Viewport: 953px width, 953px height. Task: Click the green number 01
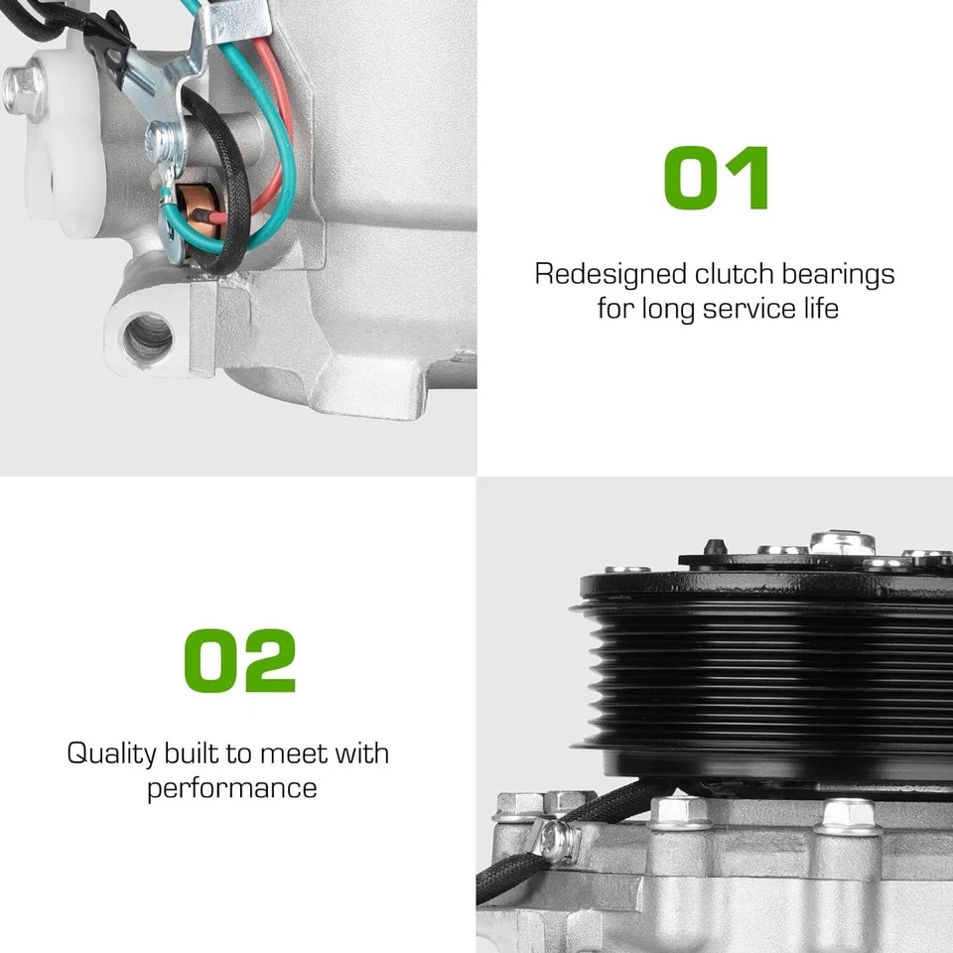click(x=716, y=179)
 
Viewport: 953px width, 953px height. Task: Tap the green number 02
click(x=240, y=661)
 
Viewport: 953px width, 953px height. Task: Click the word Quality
click(x=111, y=753)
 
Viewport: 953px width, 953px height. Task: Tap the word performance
click(x=232, y=788)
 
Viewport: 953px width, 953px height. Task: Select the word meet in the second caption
click(x=292, y=753)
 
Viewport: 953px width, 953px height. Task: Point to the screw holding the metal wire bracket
click(x=158, y=137)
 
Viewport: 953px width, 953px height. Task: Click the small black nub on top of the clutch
click(x=714, y=547)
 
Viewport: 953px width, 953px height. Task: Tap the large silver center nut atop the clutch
click(x=842, y=542)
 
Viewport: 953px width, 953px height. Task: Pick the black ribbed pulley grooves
click(x=774, y=675)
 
